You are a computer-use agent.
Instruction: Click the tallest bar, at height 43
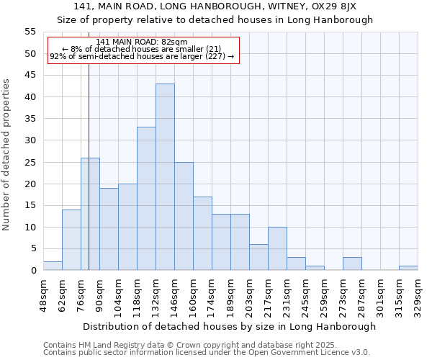click(165, 177)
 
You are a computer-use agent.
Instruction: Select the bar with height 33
click(146, 199)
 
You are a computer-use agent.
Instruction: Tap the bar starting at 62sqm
click(71, 240)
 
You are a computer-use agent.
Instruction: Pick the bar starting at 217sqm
click(277, 248)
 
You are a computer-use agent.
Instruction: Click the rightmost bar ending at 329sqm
click(408, 268)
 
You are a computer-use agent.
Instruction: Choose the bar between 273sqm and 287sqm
click(352, 264)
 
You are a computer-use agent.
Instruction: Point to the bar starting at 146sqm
click(184, 216)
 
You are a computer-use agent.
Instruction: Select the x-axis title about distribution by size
click(230, 326)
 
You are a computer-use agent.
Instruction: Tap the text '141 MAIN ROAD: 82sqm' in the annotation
click(141, 42)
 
